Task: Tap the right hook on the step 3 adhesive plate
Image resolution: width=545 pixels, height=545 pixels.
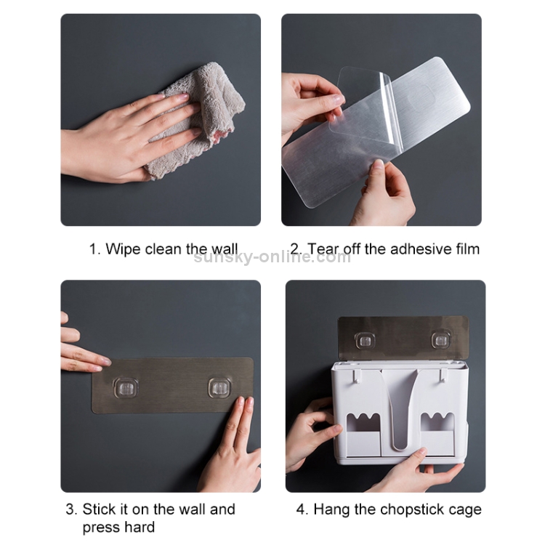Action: [220, 387]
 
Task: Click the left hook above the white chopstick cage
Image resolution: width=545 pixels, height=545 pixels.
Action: [365, 340]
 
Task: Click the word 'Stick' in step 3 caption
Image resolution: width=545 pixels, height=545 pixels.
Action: [99, 509]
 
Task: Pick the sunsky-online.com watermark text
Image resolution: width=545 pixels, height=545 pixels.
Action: [272, 257]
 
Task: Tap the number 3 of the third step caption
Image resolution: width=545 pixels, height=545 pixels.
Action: [70, 509]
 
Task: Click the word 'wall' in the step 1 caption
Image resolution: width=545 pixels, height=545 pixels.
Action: [225, 249]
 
